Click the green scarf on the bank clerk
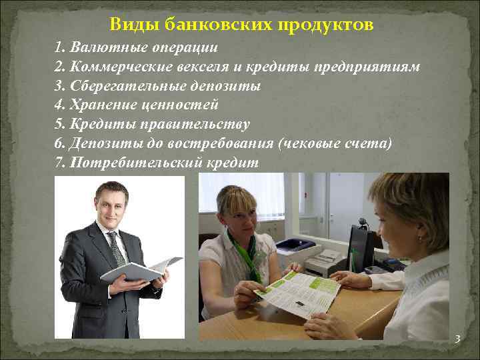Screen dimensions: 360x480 coord(245,257)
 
